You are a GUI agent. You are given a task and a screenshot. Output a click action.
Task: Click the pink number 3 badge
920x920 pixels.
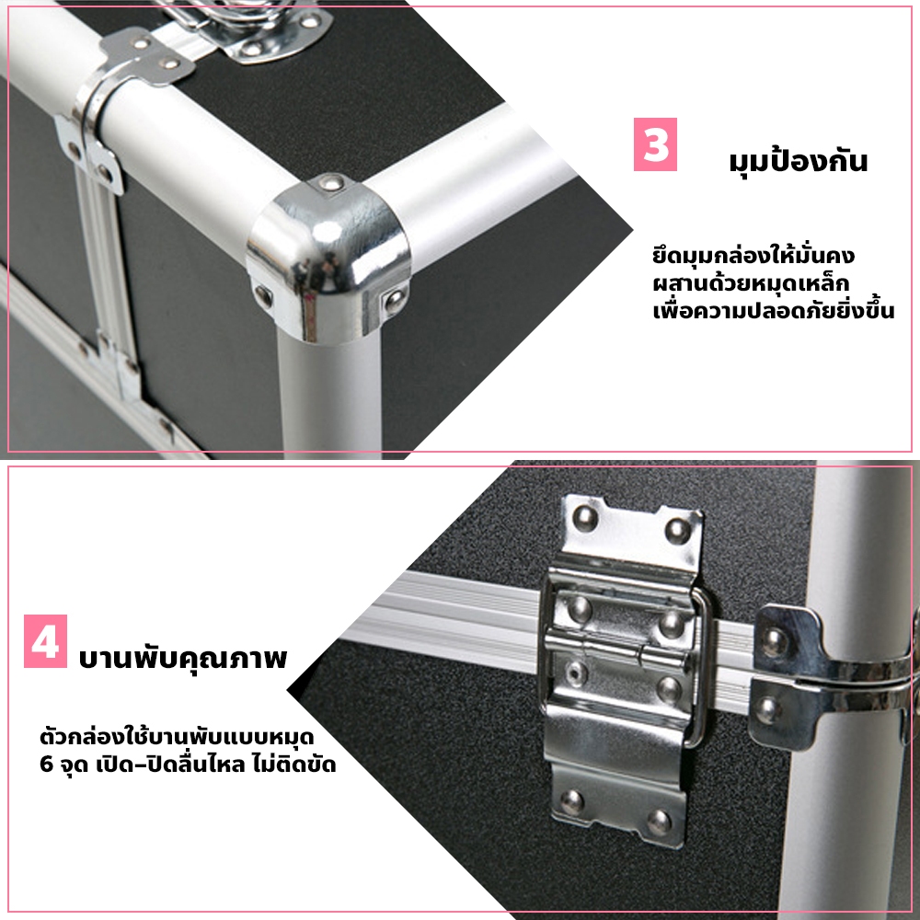[655, 144]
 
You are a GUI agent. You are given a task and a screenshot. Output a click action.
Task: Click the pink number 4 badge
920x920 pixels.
[45, 641]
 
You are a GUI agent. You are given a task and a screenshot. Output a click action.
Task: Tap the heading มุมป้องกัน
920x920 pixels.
[798, 161]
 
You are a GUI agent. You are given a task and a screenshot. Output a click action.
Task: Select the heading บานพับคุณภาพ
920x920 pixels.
[182, 658]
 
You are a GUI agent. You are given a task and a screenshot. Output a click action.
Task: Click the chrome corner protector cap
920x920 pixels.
[328, 259]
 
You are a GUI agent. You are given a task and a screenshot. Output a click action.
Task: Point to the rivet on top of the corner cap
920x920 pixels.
[331, 183]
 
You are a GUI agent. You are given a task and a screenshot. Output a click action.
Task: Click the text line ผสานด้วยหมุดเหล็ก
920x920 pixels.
[751, 283]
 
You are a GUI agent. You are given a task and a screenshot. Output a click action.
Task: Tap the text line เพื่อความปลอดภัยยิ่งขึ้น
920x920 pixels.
[774, 310]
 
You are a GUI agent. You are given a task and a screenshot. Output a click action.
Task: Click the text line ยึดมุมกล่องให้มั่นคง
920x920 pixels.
[753, 256]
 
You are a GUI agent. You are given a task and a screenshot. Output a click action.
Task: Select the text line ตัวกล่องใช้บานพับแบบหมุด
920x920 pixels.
[177, 736]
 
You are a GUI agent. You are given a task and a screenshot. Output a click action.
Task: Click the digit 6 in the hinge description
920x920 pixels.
[46, 765]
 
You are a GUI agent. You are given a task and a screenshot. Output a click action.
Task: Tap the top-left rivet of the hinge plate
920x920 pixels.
[585, 518]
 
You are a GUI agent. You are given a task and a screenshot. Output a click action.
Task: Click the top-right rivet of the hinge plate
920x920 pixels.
[678, 531]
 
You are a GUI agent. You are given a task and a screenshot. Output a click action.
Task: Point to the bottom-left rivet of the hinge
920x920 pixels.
[571, 801]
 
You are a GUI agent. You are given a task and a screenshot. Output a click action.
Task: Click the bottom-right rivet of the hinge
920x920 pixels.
[659, 822]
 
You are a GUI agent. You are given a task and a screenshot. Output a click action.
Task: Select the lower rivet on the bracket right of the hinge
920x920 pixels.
[768, 709]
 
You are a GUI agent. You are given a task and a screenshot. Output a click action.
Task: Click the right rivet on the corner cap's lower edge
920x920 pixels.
[394, 302]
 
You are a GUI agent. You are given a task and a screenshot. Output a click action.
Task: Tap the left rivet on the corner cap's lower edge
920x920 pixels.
[263, 295]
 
